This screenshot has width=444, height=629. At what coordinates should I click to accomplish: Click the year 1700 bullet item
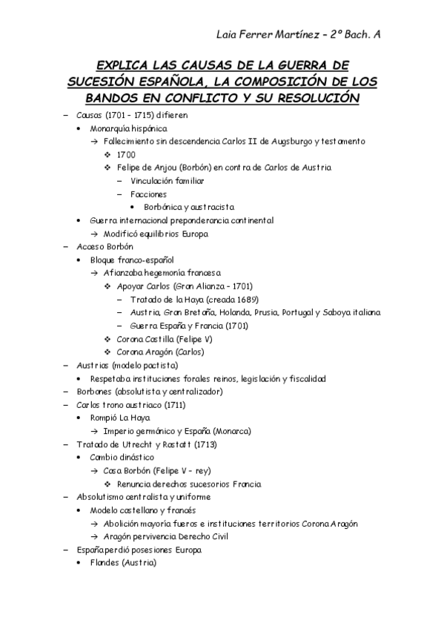tap(126, 154)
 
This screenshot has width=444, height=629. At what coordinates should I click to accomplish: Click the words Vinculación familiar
tap(168, 180)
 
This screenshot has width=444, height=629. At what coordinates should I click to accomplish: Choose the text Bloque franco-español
tap(131, 260)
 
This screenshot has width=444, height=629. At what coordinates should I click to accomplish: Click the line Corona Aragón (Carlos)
tap(160, 352)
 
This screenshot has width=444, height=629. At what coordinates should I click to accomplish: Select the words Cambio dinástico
tap(122, 457)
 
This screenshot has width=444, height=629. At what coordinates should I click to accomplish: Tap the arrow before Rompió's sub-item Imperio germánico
tap(95, 431)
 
